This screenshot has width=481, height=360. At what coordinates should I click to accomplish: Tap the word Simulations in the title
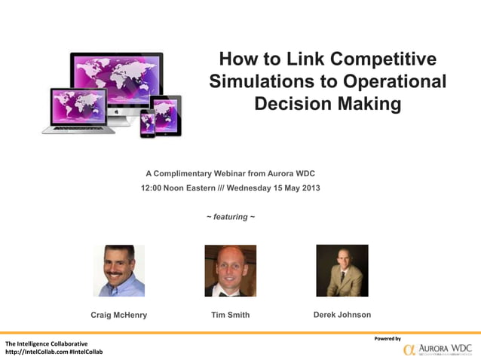pyautogui.click(x=256, y=81)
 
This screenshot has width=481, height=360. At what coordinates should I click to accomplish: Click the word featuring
pyautogui.click(x=230, y=217)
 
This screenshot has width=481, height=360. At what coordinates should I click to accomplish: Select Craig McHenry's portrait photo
pyautogui.click(x=118, y=270)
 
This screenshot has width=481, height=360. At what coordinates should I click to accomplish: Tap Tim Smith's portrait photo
pyautogui.click(x=230, y=270)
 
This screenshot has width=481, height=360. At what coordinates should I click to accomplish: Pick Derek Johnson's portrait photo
pyautogui.click(x=342, y=270)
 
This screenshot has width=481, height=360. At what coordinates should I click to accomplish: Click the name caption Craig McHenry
pyautogui.click(x=118, y=315)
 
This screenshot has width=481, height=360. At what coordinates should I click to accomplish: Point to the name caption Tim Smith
pyautogui.click(x=230, y=315)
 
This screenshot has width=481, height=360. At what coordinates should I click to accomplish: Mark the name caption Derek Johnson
pyautogui.click(x=342, y=315)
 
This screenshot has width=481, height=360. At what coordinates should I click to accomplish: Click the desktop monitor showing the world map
pyautogui.click(x=117, y=79)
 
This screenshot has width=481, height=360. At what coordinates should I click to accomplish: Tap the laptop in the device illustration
pyautogui.click(x=78, y=110)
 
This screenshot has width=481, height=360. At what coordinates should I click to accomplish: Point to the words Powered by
pyautogui.click(x=388, y=338)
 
